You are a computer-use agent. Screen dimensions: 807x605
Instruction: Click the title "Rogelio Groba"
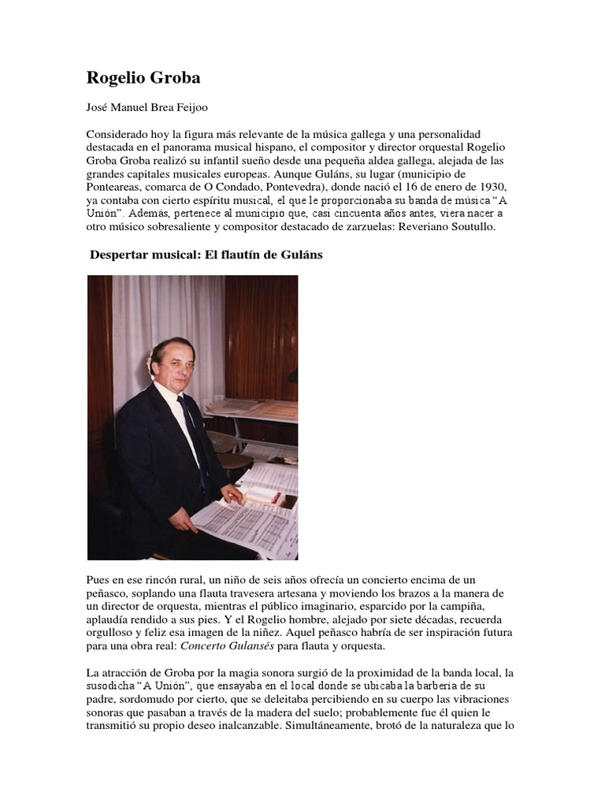point(143,78)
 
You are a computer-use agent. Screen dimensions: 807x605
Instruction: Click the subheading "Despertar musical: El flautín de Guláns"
point(206,256)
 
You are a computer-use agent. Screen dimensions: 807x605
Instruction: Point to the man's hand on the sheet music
point(232,495)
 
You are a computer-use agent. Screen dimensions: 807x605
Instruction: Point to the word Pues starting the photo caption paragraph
point(98,579)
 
